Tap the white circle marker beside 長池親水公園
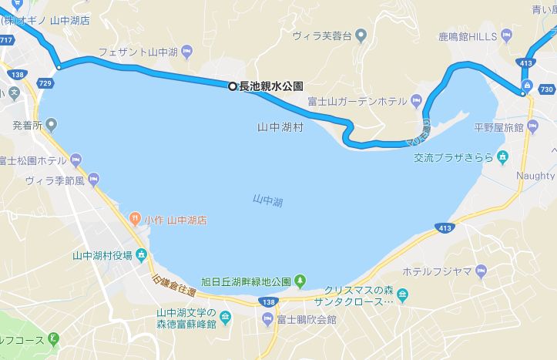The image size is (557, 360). click(232, 86)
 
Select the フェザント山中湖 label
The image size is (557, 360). click(139, 52)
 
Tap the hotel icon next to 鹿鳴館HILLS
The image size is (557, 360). click(506, 35)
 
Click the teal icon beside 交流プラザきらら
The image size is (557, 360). click(503, 157)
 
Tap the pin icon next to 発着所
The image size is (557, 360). click(52, 123)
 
